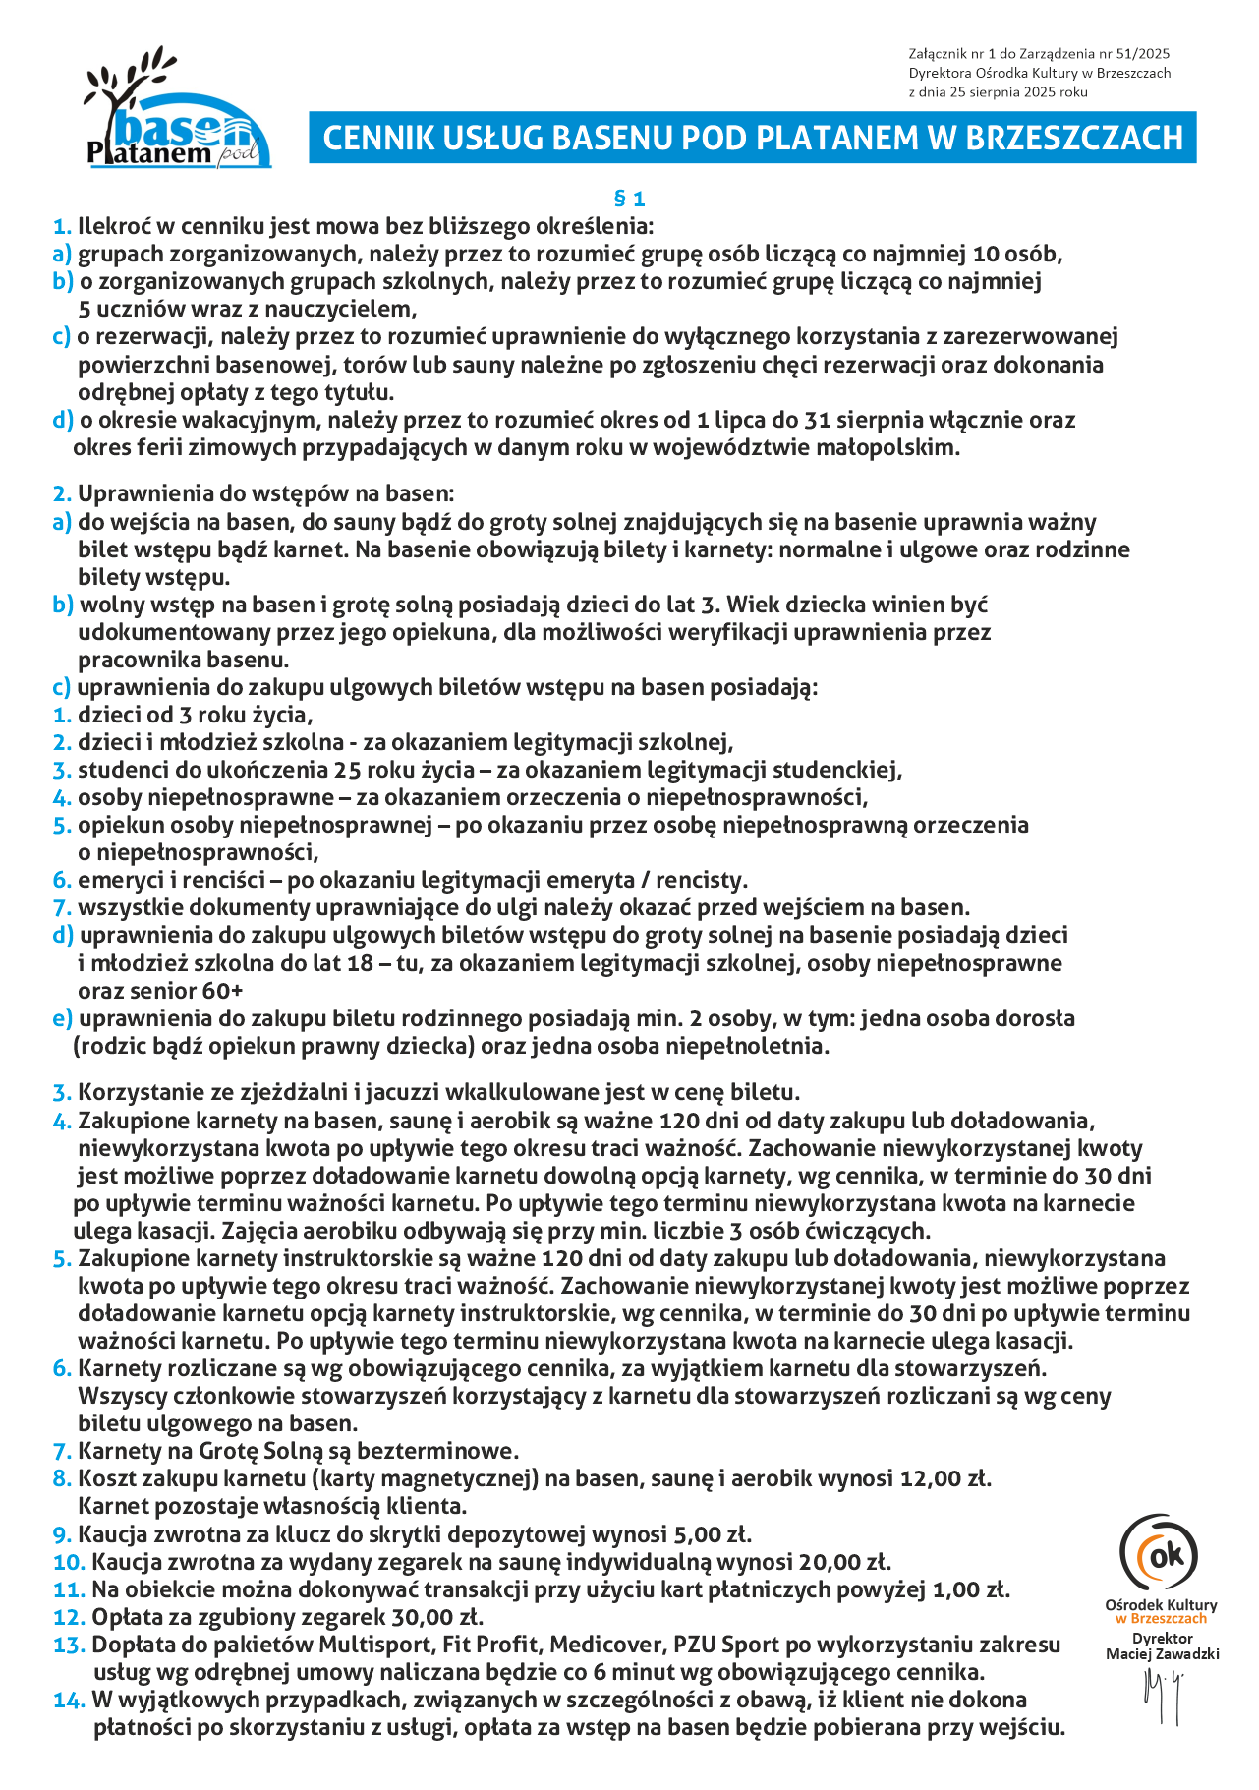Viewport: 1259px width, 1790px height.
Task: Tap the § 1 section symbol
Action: pos(629,199)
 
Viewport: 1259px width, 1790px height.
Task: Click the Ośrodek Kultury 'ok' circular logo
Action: pos(1161,1553)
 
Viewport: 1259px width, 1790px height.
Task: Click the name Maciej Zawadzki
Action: pos(1163,1653)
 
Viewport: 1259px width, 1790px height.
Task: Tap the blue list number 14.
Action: pos(70,1700)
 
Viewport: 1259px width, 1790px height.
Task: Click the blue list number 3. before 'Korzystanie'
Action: pos(62,1092)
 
